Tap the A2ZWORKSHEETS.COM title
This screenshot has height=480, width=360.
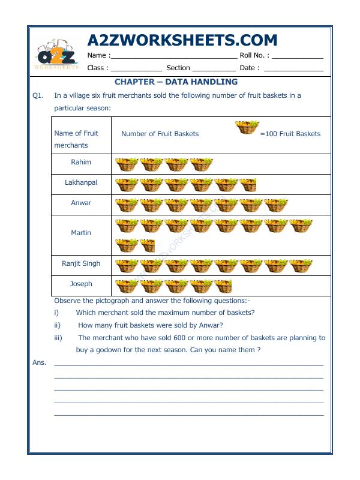point(182,40)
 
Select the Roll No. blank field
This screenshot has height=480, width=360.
point(297,56)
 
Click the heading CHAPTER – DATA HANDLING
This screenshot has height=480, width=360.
point(176,82)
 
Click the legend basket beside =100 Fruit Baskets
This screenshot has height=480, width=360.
point(247,127)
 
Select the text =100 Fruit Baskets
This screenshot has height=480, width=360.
point(290,134)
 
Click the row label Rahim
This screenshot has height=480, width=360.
point(81,162)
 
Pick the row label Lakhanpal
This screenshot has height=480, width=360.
point(81,182)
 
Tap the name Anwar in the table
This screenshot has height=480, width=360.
point(81,203)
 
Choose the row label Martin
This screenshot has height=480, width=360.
point(81,233)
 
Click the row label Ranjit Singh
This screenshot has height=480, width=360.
point(81,263)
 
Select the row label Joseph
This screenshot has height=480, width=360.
point(81,284)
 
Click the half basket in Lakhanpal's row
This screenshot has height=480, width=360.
point(248,185)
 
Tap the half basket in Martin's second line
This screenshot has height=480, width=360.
point(147,245)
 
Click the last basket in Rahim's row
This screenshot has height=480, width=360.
point(202,164)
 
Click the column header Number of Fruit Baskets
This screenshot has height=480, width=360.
point(160,134)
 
